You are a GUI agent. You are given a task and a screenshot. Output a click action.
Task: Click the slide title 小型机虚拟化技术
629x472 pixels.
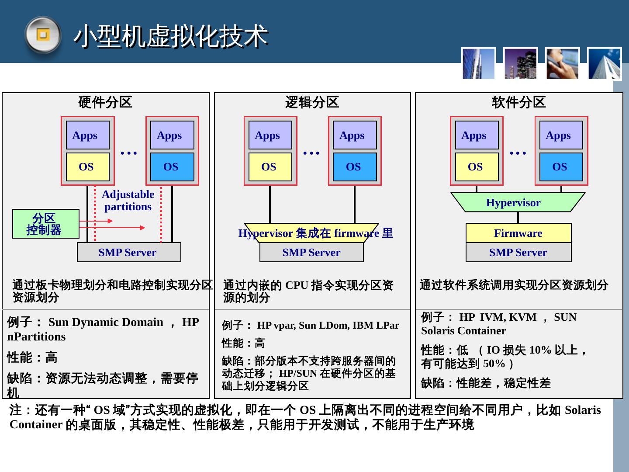(x=170, y=36)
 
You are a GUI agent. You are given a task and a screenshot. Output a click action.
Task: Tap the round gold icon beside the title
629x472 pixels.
(x=42, y=35)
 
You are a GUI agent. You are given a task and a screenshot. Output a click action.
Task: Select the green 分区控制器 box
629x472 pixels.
(x=45, y=224)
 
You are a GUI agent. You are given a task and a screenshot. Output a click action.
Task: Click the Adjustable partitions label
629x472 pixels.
(x=128, y=201)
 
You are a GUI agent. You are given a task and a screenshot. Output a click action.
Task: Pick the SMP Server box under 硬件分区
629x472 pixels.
(x=129, y=252)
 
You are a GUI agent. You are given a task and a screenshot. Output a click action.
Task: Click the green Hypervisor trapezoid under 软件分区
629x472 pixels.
(x=517, y=202)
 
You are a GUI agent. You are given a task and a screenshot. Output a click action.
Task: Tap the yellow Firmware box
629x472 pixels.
(x=518, y=233)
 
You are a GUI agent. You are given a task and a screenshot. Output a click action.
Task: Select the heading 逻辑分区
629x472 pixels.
(x=312, y=102)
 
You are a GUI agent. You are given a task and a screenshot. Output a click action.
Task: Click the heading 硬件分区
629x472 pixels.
(x=105, y=102)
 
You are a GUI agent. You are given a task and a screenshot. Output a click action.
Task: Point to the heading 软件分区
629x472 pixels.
(x=518, y=102)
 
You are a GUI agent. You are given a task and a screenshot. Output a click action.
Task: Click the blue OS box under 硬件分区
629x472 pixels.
(x=172, y=167)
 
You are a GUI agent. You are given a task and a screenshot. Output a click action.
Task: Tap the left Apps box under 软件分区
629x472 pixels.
(x=476, y=135)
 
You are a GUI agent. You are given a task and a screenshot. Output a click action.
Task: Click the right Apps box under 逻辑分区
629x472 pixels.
(x=354, y=135)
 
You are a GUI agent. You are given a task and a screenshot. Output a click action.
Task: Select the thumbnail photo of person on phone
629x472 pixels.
(x=562, y=64)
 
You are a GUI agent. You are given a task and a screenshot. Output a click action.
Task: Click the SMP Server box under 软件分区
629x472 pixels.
(x=518, y=252)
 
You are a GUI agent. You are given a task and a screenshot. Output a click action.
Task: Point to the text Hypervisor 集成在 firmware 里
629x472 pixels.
(x=315, y=233)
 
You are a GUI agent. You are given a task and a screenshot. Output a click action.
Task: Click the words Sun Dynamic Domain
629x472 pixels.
(x=106, y=322)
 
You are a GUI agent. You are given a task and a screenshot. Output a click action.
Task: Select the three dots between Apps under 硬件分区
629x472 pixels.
(x=129, y=153)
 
